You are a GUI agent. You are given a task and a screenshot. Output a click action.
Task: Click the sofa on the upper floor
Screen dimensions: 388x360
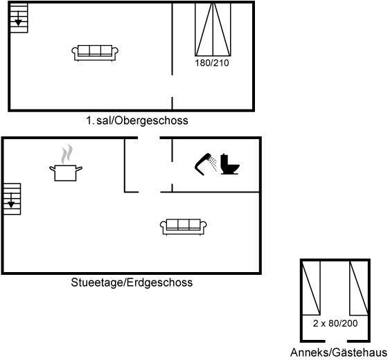(x=95, y=53)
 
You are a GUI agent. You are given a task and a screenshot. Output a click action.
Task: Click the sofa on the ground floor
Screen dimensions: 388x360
(x=184, y=227)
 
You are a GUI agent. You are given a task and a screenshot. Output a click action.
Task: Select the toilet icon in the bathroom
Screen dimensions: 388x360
(x=230, y=164)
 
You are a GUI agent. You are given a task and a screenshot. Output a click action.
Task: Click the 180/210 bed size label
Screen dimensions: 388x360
(x=212, y=63)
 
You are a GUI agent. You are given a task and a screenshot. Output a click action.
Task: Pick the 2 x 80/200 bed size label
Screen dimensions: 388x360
(x=335, y=323)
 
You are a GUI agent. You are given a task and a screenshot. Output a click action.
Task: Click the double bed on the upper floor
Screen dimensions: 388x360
(x=213, y=29)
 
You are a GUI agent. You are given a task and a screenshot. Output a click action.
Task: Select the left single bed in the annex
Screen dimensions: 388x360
(x=312, y=288)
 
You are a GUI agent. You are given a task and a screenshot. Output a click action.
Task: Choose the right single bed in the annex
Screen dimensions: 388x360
(x=359, y=288)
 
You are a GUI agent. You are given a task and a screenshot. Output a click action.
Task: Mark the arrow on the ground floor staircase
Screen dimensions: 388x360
(x=11, y=201)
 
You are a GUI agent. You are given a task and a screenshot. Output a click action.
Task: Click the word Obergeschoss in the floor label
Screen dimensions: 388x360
(x=152, y=121)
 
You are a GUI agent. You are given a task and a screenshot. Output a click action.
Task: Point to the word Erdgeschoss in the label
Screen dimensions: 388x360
(x=160, y=282)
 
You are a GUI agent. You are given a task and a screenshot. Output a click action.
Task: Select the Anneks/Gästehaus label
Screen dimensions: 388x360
(x=339, y=353)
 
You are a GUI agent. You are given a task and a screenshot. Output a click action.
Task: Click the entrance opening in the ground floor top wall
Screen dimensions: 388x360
(x=149, y=138)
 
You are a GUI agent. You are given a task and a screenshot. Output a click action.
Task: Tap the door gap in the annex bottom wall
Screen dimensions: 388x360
(x=336, y=341)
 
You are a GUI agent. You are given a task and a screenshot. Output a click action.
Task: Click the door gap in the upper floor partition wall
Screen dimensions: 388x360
(x=173, y=86)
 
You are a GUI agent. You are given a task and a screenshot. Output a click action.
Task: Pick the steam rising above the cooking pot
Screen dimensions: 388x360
(x=67, y=154)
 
